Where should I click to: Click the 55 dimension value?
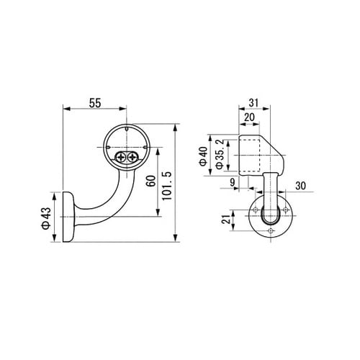click(x=95, y=103)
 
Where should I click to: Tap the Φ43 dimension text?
click(x=47, y=218)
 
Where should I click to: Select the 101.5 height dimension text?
click(x=167, y=186)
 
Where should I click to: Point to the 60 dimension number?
click(x=151, y=181)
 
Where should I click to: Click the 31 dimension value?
click(x=253, y=103)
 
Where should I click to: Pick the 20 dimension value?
click(x=249, y=117)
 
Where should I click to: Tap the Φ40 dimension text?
click(x=203, y=156)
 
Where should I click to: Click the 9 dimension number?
click(x=232, y=182)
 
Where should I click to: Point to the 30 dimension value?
click(x=300, y=186)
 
